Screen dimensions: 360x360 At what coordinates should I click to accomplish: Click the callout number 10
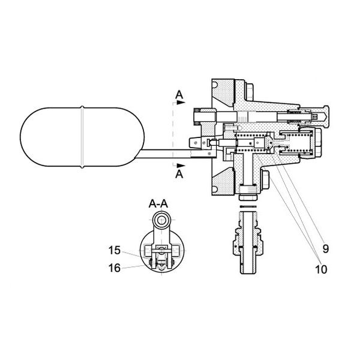[x=321, y=269]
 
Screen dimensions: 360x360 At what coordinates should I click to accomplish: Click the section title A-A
[x=158, y=205]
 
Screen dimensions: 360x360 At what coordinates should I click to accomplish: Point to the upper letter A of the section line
[x=179, y=95]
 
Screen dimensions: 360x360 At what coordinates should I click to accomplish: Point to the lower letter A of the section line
[x=179, y=174]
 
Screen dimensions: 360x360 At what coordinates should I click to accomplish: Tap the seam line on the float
[x=82, y=136]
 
